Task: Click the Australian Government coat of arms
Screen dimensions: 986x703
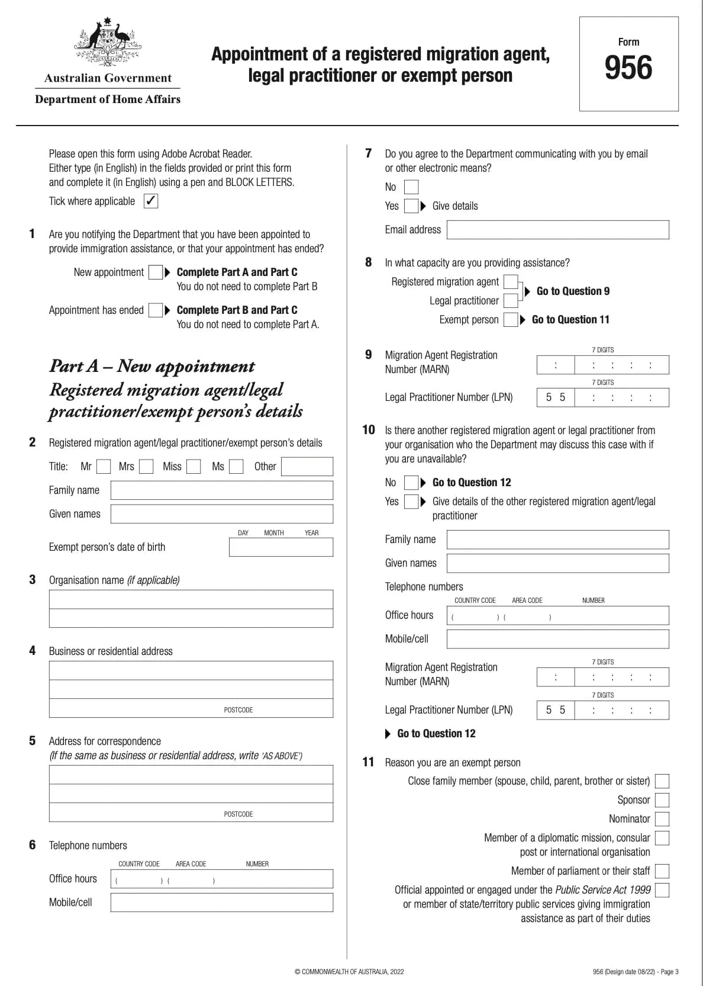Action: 108,41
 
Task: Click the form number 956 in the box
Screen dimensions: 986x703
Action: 628,68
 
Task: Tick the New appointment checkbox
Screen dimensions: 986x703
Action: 155,272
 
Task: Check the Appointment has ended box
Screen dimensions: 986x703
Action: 155,310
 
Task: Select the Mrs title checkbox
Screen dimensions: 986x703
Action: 146,467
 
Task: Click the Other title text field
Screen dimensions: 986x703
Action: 307,467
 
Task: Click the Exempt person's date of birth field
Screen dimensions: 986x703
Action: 280,547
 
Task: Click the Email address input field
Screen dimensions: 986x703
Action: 557,230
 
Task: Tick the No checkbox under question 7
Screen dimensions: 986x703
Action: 411,187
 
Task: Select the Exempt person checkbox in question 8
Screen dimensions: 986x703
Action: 511,320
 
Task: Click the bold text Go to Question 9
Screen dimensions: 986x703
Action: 572,291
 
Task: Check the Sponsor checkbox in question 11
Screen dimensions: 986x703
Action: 662,800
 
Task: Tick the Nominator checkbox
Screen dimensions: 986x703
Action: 662,819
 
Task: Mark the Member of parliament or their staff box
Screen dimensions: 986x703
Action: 662,871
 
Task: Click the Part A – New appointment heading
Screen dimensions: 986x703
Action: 152,366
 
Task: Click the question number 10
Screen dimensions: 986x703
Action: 368,430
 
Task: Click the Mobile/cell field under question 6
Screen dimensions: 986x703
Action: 221,903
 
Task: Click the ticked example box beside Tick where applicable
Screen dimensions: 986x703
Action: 151,201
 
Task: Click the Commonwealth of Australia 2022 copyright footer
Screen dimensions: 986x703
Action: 349,971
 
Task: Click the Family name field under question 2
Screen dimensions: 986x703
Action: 221,490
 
